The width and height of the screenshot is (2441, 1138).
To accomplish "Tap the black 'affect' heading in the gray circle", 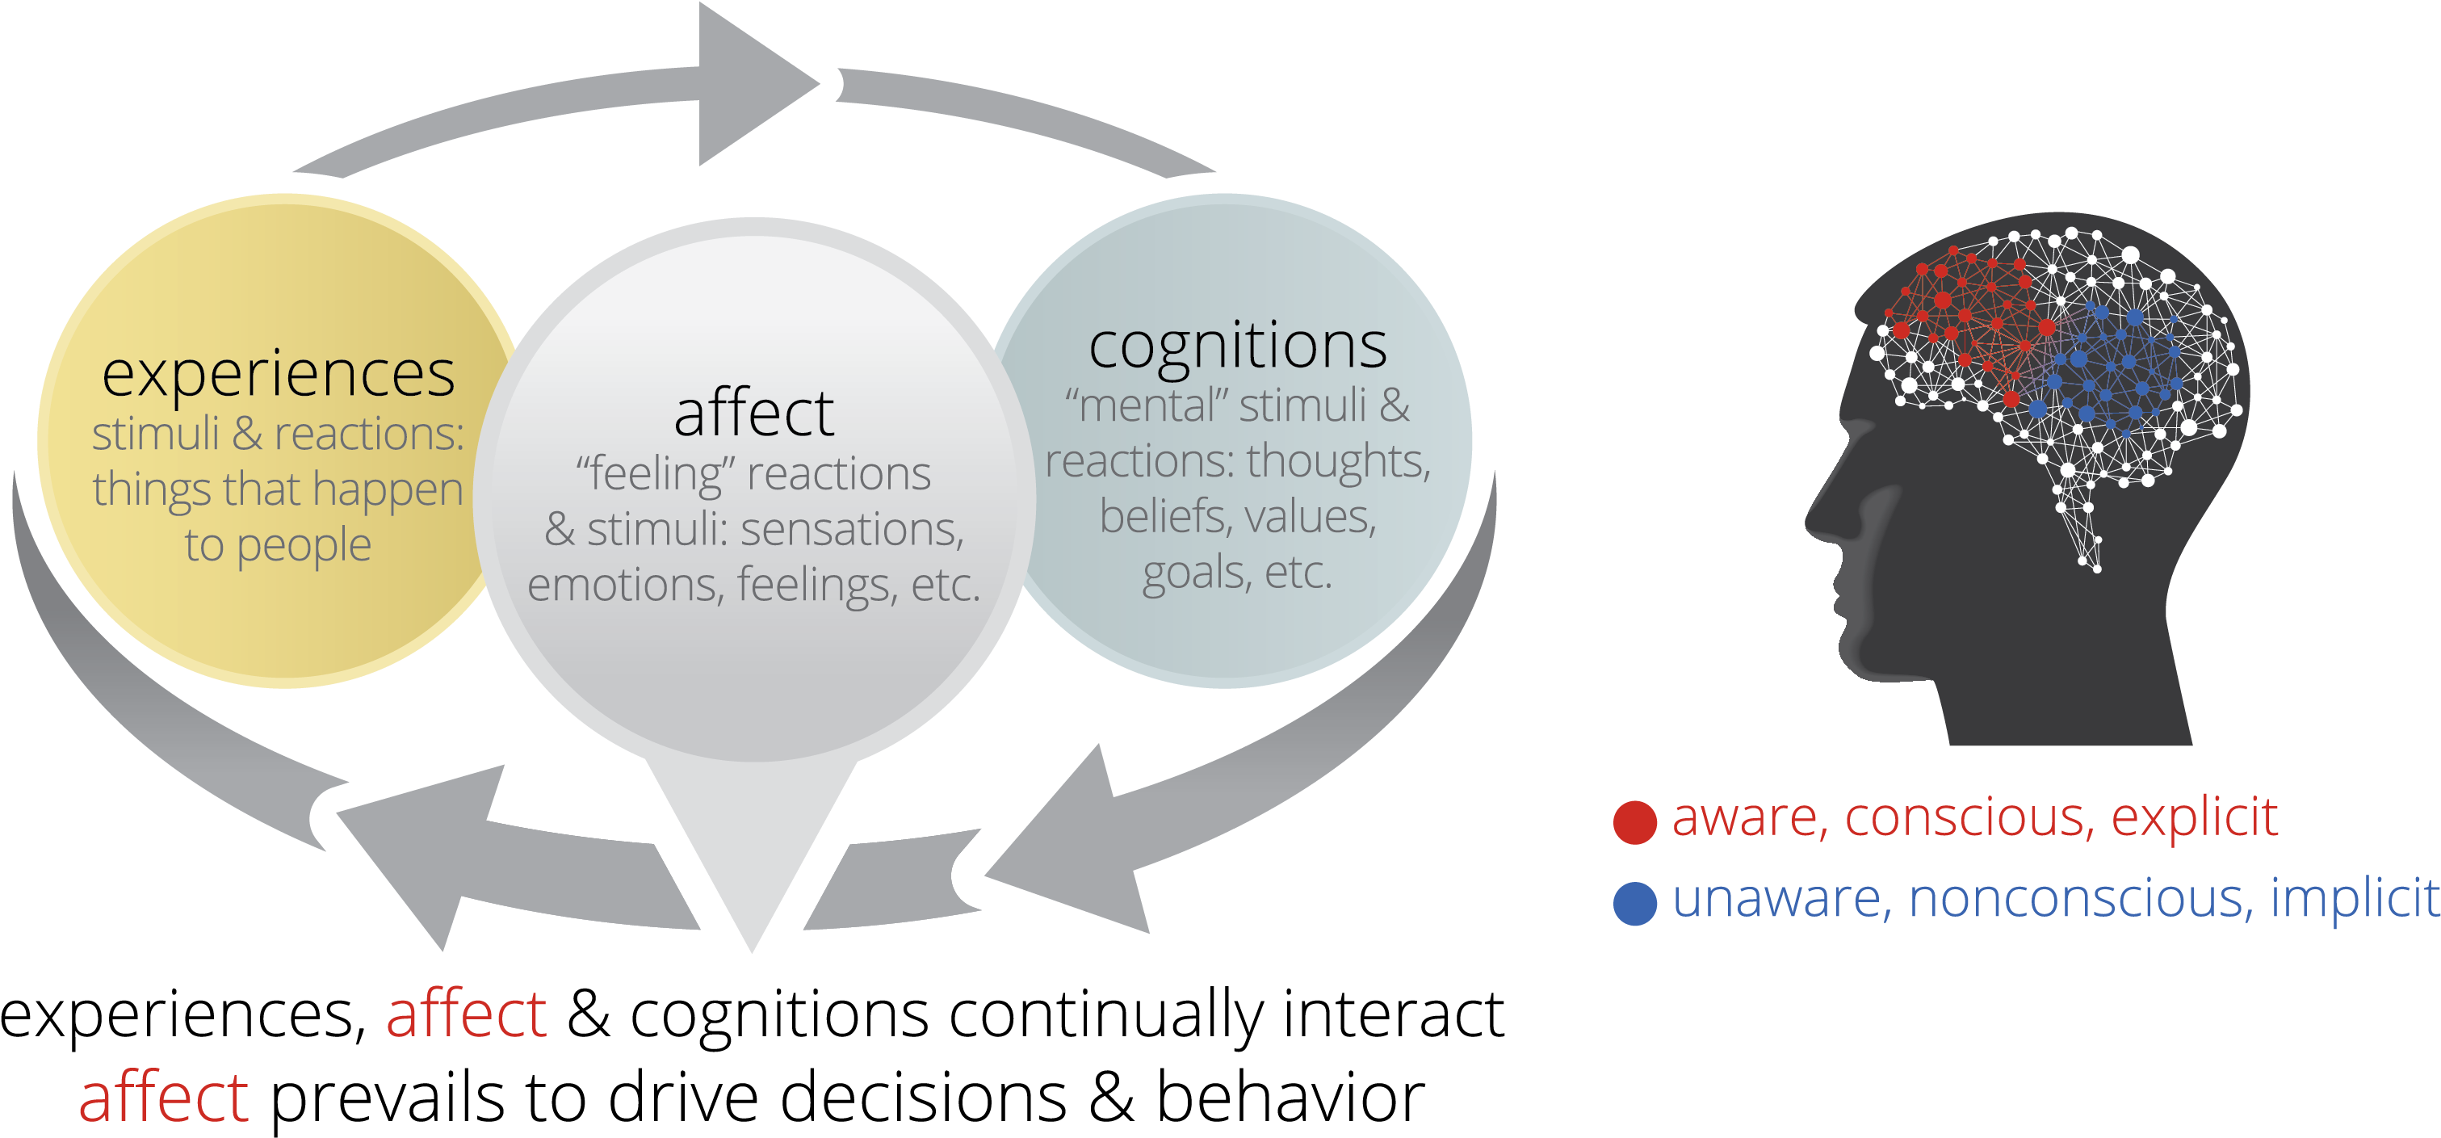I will coord(753,414).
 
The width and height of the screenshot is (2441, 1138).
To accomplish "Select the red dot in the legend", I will coord(1634,821).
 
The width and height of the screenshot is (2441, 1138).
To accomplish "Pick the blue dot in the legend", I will coord(1634,903).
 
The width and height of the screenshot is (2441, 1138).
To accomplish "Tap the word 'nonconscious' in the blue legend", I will coord(2081,898).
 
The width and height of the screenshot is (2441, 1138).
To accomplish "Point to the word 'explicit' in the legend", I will coord(2194,817).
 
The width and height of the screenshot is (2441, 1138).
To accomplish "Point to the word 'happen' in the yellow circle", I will coord(388,491).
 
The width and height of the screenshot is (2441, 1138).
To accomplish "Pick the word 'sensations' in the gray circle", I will coord(852,529).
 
